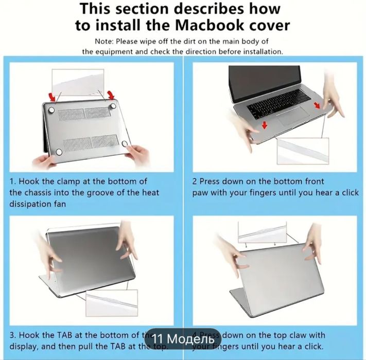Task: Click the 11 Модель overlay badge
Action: point(183,339)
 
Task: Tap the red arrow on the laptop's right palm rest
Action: point(316,105)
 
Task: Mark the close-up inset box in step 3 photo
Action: point(111,303)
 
